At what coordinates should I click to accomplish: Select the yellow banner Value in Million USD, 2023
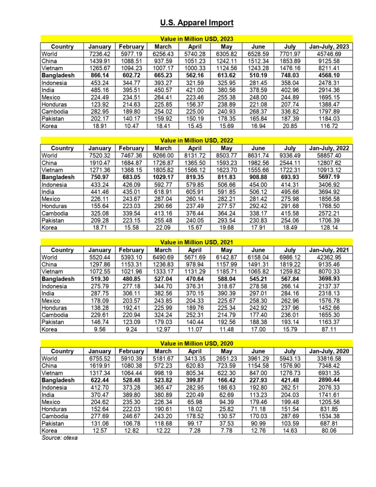[x=196, y=39]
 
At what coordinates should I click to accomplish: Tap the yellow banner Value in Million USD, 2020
[x=196, y=343]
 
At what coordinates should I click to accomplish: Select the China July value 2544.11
[x=289, y=163]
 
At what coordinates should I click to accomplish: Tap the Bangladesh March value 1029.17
[x=163, y=177]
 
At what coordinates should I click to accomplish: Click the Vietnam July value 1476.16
[x=289, y=68]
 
